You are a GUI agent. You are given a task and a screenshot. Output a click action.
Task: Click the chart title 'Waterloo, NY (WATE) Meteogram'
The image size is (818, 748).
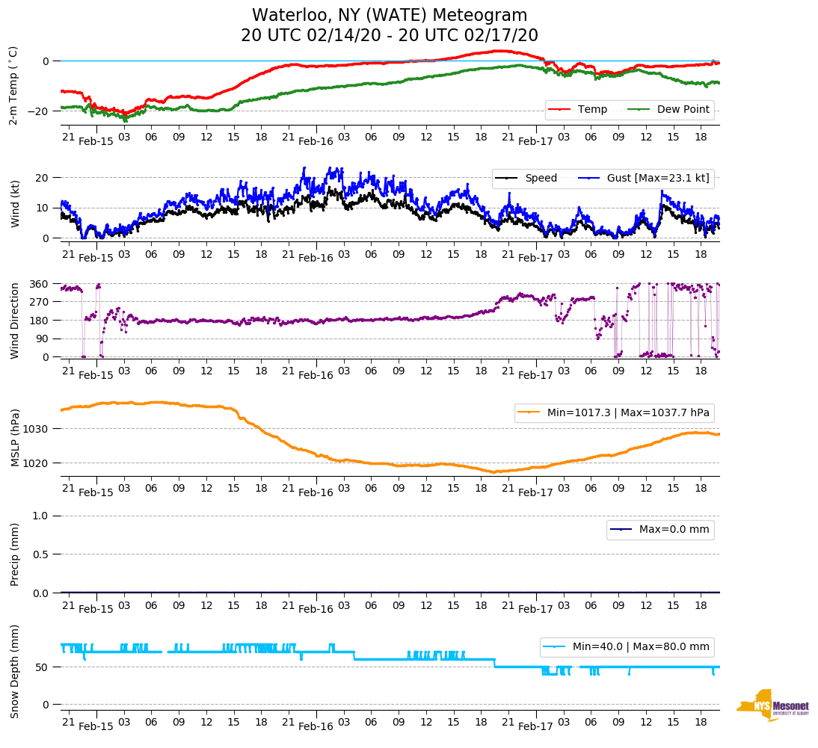(390, 16)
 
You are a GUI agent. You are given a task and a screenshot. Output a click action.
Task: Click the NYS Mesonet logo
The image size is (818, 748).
(773, 705)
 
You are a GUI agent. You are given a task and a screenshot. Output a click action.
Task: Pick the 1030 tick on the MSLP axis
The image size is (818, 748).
(37, 429)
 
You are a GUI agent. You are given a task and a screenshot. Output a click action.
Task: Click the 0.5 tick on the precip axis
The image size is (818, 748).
(42, 554)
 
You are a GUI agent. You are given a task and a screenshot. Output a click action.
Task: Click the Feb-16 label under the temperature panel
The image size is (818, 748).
(316, 141)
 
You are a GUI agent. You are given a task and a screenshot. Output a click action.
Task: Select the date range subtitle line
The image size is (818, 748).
(390, 36)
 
